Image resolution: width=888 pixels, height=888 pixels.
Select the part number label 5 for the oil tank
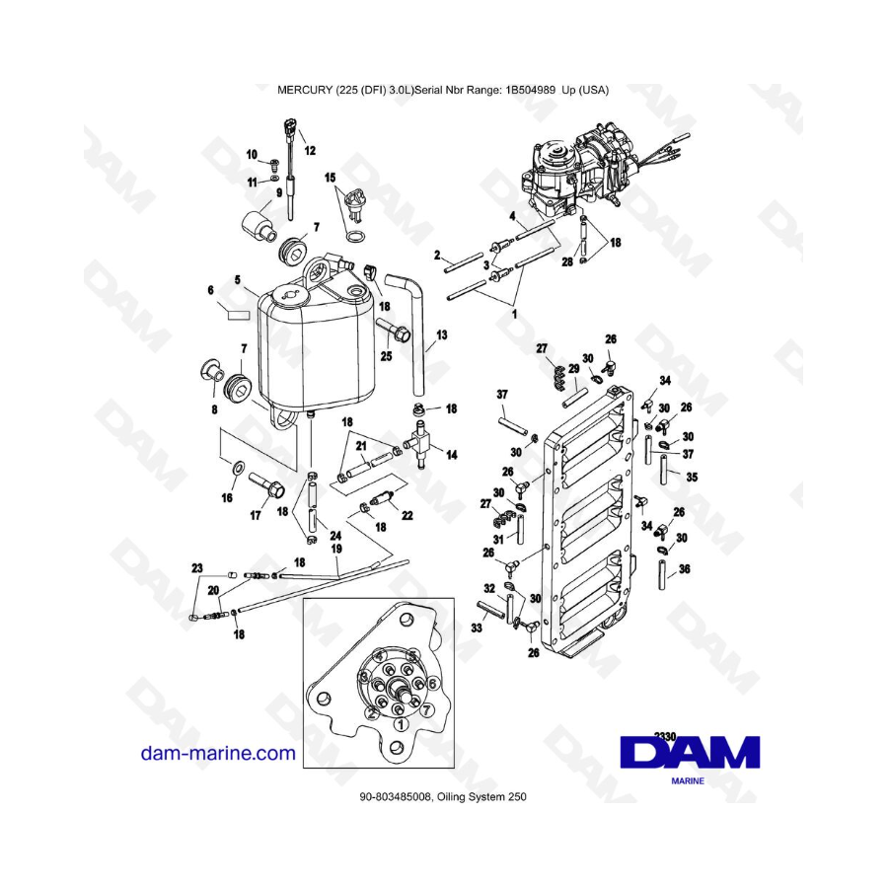[x=237, y=279]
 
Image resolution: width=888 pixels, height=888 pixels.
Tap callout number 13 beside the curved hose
[x=441, y=336]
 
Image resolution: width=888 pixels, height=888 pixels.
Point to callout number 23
[x=196, y=568]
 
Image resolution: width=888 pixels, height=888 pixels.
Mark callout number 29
[x=574, y=368]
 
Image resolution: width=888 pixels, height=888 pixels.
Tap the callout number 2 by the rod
[x=436, y=255]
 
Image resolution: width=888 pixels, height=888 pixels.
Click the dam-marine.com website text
[x=218, y=754]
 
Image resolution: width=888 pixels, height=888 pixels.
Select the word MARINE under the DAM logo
[x=689, y=778]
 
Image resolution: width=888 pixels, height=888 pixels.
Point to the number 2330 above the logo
[x=666, y=735]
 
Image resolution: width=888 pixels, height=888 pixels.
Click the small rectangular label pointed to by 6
[x=237, y=315]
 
